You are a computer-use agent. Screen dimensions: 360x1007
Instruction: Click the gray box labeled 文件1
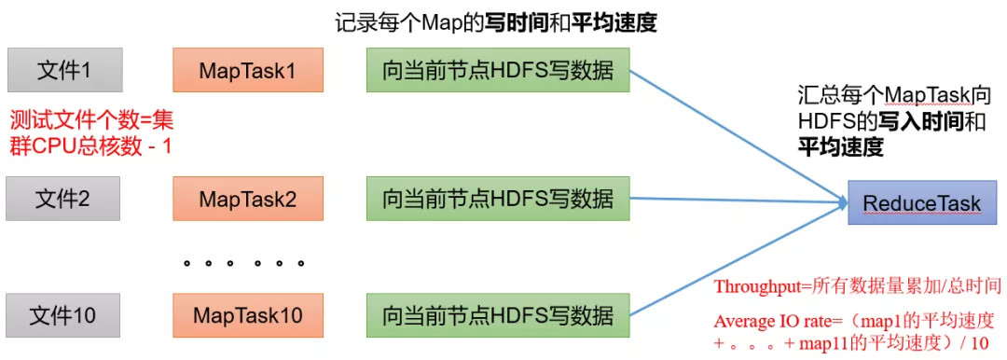point(64,71)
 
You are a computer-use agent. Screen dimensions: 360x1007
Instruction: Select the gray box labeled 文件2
point(64,199)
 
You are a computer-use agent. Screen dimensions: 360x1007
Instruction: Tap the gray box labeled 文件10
point(64,315)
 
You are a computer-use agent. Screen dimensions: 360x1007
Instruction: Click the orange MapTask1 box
point(248,71)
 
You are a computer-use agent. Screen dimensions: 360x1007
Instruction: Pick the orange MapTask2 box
point(248,199)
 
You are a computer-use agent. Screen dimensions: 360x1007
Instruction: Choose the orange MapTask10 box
point(248,315)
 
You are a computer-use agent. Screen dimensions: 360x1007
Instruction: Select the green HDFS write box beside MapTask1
point(497,71)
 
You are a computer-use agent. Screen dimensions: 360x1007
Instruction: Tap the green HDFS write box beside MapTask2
point(497,199)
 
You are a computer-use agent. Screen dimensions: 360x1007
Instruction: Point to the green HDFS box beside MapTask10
point(497,315)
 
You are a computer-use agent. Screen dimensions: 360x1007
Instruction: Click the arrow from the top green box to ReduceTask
point(737,136)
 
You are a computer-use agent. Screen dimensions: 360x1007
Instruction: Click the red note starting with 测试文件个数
point(91,132)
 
